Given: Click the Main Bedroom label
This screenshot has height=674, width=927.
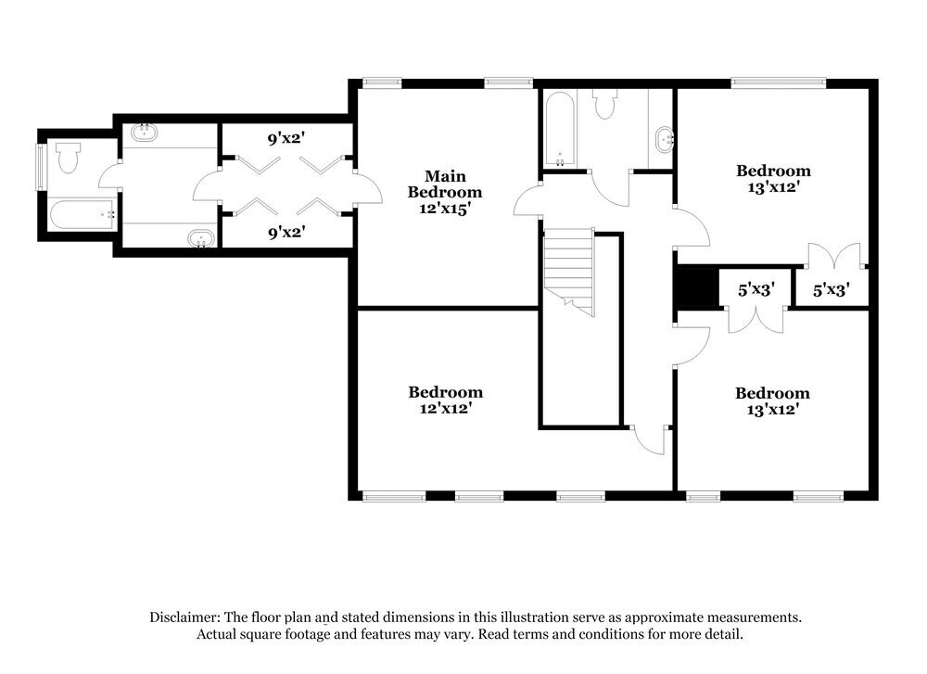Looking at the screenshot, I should pyautogui.click(x=444, y=184).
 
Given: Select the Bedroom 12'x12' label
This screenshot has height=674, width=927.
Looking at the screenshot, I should pyautogui.click(x=445, y=400).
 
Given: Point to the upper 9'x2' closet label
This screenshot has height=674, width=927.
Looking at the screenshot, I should pyautogui.click(x=286, y=139).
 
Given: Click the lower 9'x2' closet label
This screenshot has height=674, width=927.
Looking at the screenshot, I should pyautogui.click(x=286, y=233).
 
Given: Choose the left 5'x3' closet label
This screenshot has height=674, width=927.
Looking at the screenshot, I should pyautogui.click(x=755, y=290).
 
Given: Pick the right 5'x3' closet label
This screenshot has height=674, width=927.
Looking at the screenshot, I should pyautogui.click(x=832, y=290).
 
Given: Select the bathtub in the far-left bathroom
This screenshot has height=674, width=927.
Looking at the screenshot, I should pyautogui.click(x=83, y=216).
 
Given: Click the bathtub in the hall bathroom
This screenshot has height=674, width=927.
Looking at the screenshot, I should pyautogui.click(x=560, y=130).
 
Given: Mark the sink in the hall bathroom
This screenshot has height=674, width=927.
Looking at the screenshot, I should pyautogui.click(x=665, y=141).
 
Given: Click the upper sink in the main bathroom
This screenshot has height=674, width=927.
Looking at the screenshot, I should pyautogui.click(x=144, y=133).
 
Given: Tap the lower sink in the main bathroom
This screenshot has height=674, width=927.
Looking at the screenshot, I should pyautogui.click(x=199, y=240).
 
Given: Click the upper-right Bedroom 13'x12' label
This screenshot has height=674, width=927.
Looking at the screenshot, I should pyautogui.click(x=773, y=178).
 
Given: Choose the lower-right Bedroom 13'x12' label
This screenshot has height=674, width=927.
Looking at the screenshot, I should pyautogui.click(x=772, y=400).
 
